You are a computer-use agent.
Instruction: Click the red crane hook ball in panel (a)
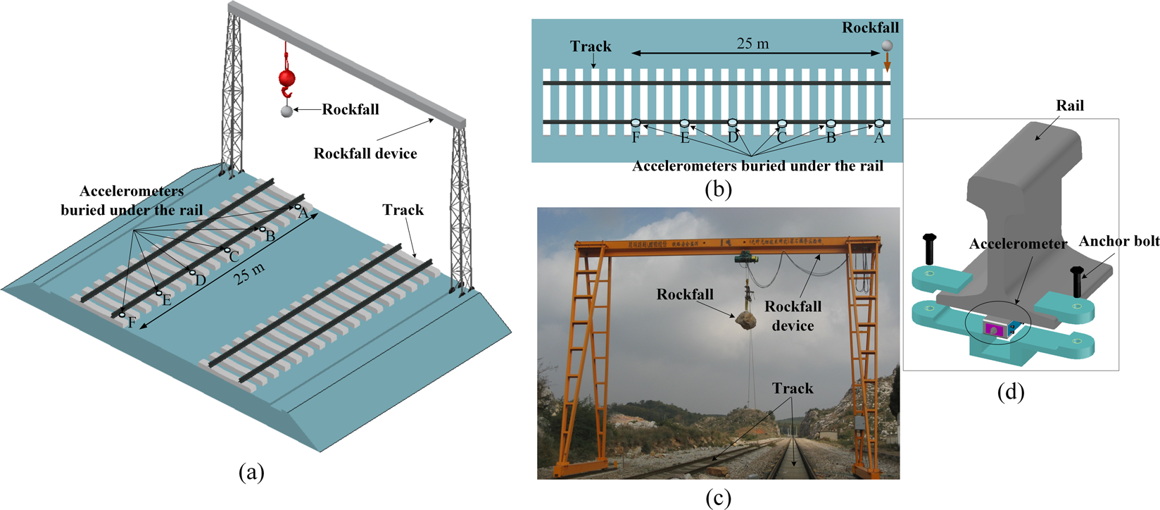pos(286,77)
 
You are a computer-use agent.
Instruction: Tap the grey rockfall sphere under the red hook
pos(286,111)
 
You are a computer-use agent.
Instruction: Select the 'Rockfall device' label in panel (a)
pos(365,154)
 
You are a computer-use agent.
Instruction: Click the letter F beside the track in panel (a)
pos(132,323)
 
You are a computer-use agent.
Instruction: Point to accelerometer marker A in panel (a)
pos(298,207)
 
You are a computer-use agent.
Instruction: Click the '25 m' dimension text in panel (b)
pos(752,44)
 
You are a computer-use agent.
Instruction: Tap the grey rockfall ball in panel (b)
pos(888,46)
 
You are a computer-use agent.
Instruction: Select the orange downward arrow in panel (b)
pos(888,63)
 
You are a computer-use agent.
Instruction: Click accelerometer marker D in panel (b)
pos(732,123)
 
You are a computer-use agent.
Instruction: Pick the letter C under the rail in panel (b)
pos(781,138)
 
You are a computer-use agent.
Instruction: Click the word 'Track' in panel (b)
pos(591,46)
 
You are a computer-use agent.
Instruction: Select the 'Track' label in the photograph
pos(792,388)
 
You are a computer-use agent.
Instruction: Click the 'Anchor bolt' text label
pos(1118,241)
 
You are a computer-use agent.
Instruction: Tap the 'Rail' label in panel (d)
pos(1070,106)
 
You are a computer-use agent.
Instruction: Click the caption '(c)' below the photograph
pos(718,497)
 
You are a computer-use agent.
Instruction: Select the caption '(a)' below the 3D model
pos(252,472)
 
